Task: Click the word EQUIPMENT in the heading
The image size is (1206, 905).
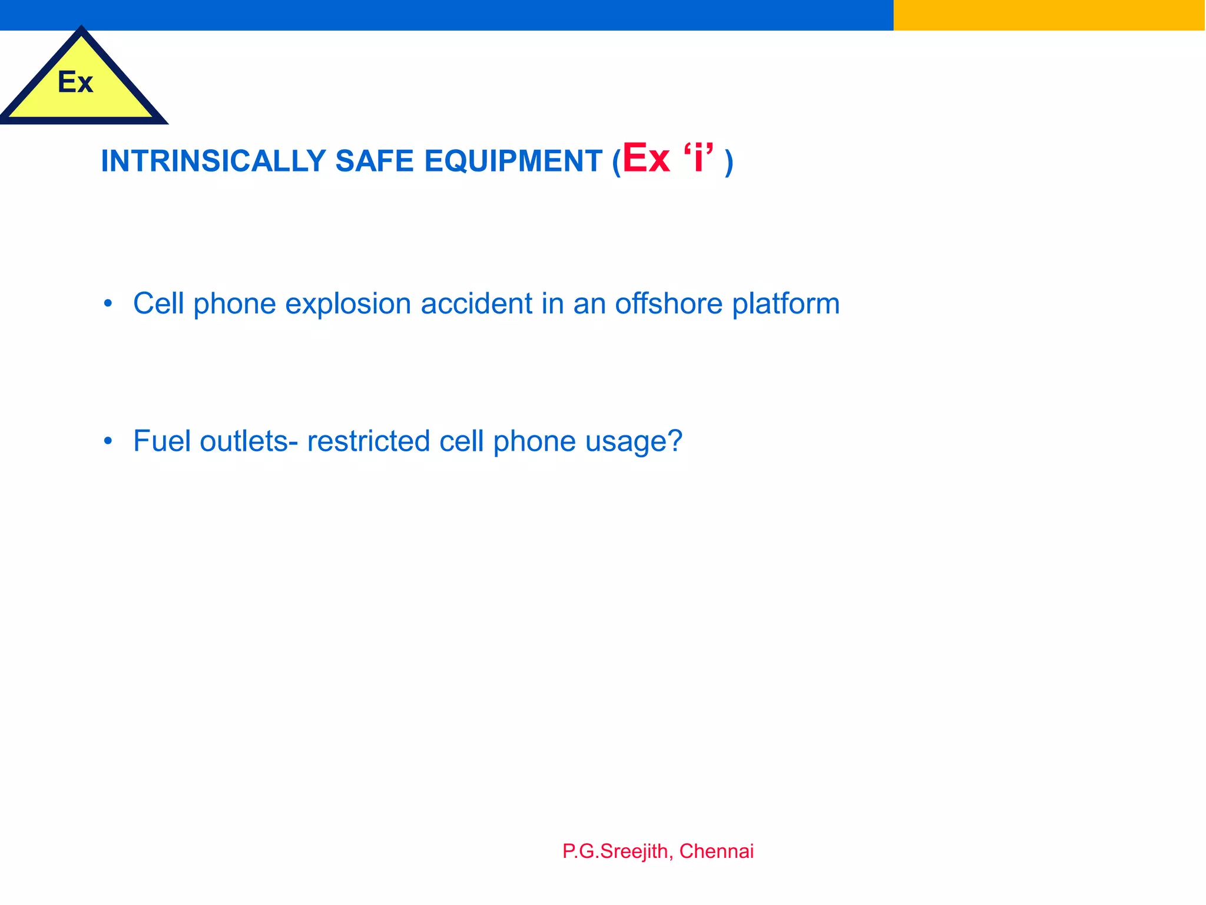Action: click(513, 161)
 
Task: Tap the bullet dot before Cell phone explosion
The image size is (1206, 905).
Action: click(107, 304)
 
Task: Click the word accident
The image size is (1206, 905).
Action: click(476, 304)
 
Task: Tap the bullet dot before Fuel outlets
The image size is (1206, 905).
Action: click(107, 441)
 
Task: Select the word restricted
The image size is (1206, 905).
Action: click(368, 441)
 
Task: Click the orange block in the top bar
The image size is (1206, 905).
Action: click(1049, 15)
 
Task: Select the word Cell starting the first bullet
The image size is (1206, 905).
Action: click(158, 304)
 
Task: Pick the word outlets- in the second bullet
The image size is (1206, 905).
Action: click(249, 441)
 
